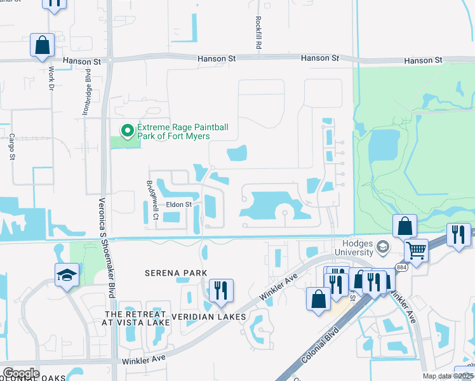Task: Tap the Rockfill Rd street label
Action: [258, 34]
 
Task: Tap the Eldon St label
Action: [178, 204]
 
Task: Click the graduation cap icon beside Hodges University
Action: [383, 247]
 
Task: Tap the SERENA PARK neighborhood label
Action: [176, 273]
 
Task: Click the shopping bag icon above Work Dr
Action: [43, 45]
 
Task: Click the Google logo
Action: [20, 373]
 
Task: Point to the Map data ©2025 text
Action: [448, 376]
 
